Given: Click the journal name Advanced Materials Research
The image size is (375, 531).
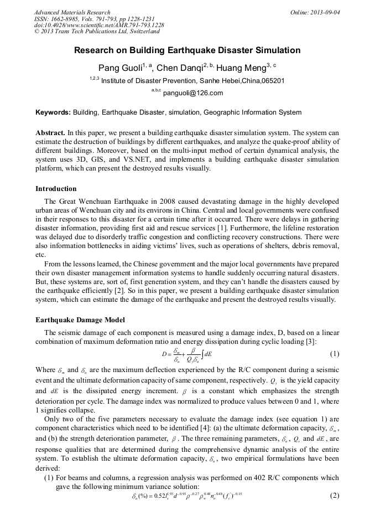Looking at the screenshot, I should (x=72, y=12).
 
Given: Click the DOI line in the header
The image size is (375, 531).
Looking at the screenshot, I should (x=98, y=25).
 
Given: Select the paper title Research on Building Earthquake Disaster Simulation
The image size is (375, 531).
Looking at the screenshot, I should (x=187, y=50).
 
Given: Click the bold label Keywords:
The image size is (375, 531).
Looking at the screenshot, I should (x=53, y=112).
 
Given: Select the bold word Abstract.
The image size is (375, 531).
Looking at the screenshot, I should (x=50, y=133).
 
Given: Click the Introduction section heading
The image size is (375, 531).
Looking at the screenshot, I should (x=56, y=189).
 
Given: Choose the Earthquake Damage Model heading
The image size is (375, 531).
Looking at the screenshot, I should (x=80, y=320).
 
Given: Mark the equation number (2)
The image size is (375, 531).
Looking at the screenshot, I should (x=334, y=495).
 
